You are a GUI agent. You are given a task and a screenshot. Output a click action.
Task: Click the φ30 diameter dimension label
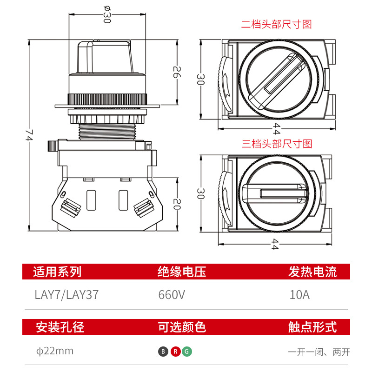(x=107, y=14)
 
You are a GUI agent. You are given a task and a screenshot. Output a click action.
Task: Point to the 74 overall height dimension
(x=29, y=135)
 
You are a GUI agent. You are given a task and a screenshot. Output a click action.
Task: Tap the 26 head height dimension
(x=177, y=72)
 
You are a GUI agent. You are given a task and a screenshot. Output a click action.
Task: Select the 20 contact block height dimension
(x=177, y=204)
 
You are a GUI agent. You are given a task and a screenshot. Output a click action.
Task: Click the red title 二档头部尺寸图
(x=276, y=25)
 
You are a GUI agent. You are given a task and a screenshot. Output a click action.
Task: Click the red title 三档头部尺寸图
(x=277, y=144)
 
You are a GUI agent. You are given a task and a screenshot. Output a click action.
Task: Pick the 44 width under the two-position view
(x=276, y=129)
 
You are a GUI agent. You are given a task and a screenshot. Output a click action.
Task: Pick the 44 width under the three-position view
(x=274, y=244)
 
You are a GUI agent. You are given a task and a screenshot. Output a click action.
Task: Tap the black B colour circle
(x=163, y=352)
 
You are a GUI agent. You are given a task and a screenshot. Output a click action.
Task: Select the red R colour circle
(x=176, y=352)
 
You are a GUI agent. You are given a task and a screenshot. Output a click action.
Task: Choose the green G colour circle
(x=187, y=352)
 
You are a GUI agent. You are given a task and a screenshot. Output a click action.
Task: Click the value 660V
(x=172, y=295)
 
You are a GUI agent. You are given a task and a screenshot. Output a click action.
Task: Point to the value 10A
(x=299, y=295)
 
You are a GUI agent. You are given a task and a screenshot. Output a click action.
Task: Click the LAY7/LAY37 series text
(x=66, y=295)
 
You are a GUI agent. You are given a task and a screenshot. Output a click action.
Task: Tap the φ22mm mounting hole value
(x=55, y=351)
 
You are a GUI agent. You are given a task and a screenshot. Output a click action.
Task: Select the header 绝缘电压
(x=182, y=272)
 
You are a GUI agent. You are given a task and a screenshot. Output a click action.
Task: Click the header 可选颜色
(x=182, y=327)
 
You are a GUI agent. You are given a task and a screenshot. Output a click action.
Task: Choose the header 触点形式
(x=312, y=327)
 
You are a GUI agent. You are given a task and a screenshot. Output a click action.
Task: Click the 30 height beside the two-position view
(x=200, y=79)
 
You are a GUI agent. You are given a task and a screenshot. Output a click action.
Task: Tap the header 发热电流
(x=312, y=272)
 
